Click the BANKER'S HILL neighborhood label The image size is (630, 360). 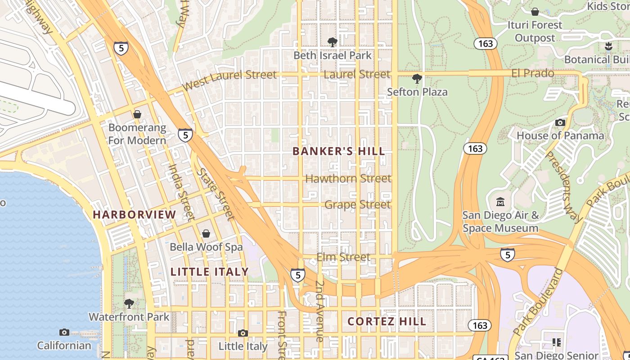click(x=339, y=151)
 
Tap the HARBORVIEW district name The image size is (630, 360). click(x=134, y=215)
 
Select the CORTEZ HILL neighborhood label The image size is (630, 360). click(x=387, y=321)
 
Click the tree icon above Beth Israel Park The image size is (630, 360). click(x=333, y=42)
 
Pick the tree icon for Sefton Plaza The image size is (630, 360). click(x=417, y=79)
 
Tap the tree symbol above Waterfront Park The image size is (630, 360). click(x=129, y=304)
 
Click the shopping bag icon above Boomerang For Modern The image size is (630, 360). click(x=137, y=114)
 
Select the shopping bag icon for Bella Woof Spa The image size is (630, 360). click(x=206, y=234)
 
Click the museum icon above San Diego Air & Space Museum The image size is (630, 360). click(x=500, y=202)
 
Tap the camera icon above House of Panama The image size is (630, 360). click(x=560, y=122)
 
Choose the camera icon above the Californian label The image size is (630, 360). click(x=64, y=332)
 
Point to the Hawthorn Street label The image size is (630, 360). click(x=348, y=179)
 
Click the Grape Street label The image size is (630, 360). click(x=358, y=205)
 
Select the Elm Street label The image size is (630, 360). click(x=343, y=257)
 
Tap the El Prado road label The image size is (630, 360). click(x=533, y=73)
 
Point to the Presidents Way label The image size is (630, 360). click(x=564, y=187)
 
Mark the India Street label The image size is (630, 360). click(x=181, y=191)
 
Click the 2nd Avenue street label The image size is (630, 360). click(x=320, y=310)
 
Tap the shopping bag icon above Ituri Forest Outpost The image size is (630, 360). click(x=535, y=12)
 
